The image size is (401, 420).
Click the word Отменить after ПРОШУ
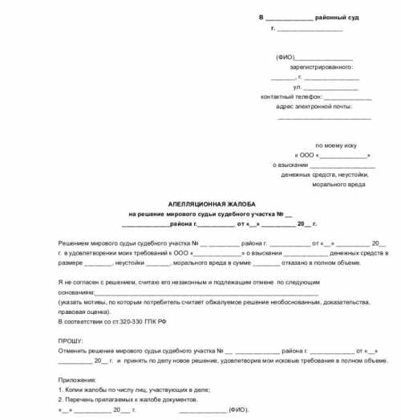click(x=74, y=350)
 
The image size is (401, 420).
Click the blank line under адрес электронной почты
click(x=323, y=117)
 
